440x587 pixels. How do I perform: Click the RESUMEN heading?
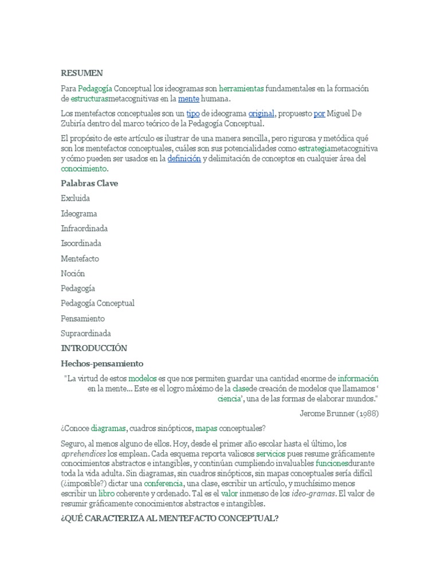point(82,73)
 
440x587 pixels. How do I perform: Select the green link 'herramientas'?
point(241,89)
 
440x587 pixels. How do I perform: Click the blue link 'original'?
point(261,114)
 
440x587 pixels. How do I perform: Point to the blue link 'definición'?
point(184,159)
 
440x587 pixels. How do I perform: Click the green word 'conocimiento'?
point(84,169)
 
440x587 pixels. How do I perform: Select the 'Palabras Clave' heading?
point(89,183)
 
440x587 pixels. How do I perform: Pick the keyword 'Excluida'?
point(76,198)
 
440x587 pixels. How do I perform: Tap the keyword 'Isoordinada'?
point(81,243)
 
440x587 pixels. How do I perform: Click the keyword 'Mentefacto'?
point(80,258)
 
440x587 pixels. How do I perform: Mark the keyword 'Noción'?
point(73,273)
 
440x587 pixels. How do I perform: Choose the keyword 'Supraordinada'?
point(86,333)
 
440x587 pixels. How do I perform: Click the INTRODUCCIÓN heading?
point(94,348)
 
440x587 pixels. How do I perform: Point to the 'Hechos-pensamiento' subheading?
point(102,363)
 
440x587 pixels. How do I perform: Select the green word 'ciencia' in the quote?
point(229,398)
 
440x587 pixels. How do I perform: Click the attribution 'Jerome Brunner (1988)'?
point(339,413)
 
